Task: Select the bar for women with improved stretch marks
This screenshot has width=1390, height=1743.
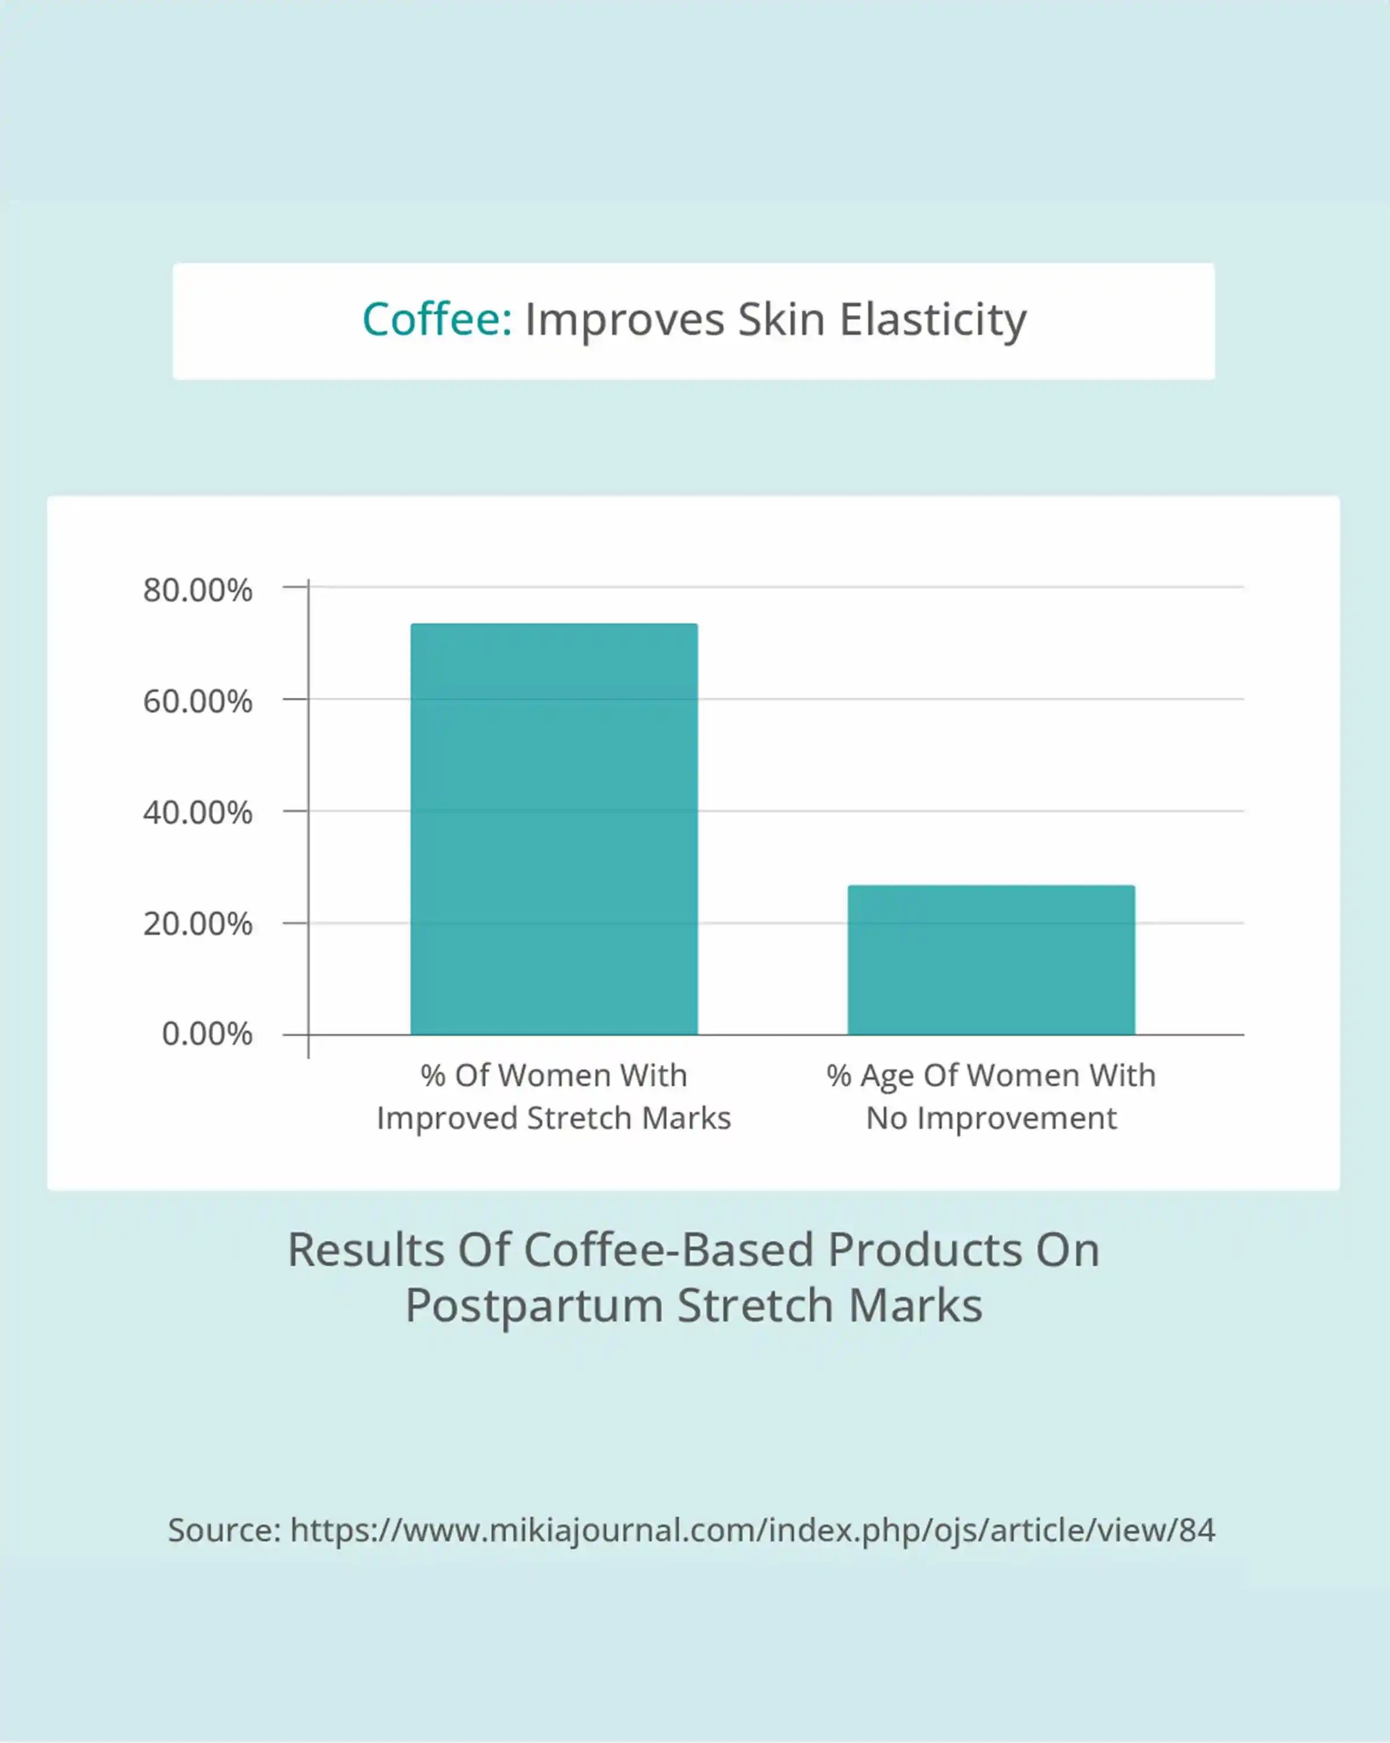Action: [554, 829]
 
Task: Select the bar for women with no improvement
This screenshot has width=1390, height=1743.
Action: [991, 960]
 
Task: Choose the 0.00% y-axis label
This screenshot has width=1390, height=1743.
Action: [207, 1034]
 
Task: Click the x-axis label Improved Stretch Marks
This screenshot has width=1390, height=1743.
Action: [554, 1118]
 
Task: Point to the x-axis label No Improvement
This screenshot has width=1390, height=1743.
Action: [992, 1118]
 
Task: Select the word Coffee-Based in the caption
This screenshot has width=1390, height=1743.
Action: [668, 1250]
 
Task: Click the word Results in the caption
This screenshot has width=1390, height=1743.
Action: [366, 1250]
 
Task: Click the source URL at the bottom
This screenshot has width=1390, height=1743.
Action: [752, 1530]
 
